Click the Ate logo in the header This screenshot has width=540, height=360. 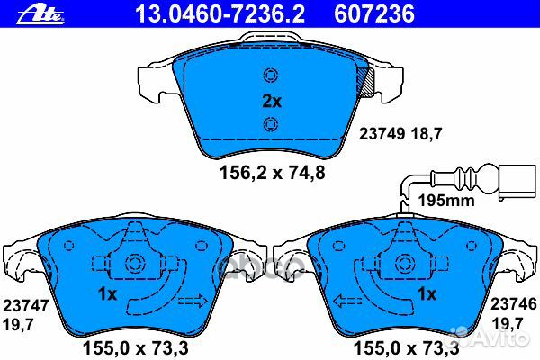40,14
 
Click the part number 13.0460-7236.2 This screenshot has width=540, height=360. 220,13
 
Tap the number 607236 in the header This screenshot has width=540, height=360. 374,13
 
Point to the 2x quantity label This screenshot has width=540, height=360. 272,102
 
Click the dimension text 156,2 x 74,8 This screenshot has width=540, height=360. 272,172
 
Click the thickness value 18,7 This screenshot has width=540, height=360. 426,134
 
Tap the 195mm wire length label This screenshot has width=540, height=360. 446,200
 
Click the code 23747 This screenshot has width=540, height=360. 26,306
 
